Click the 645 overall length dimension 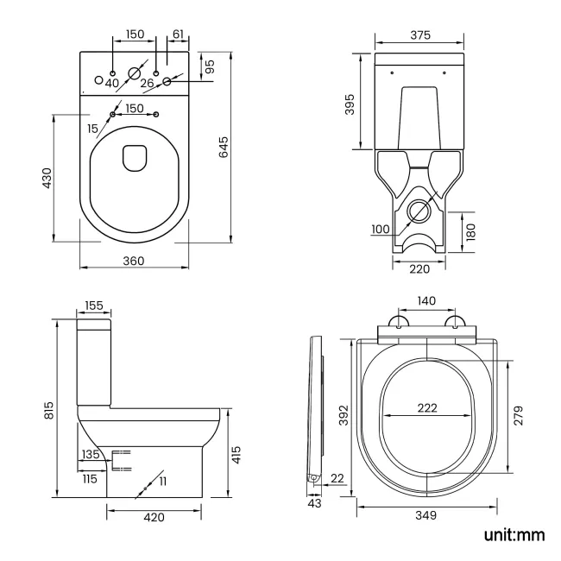[x=224, y=148]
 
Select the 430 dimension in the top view [x=47, y=177]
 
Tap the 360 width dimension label [x=132, y=261]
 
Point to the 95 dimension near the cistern [x=210, y=65]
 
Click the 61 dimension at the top [x=178, y=34]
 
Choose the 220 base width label [x=419, y=269]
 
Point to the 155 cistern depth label [x=94, y=306]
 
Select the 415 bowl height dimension [x=237, y=454]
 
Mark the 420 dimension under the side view [x=154, y=517]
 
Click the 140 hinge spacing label [x=426, y=301]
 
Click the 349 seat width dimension [x=425, y=515]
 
